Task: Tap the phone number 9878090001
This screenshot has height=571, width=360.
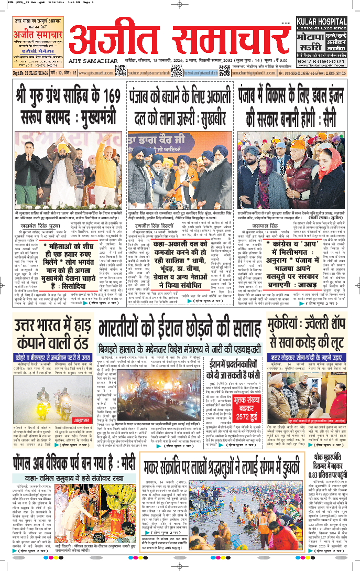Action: click(322, 61)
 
